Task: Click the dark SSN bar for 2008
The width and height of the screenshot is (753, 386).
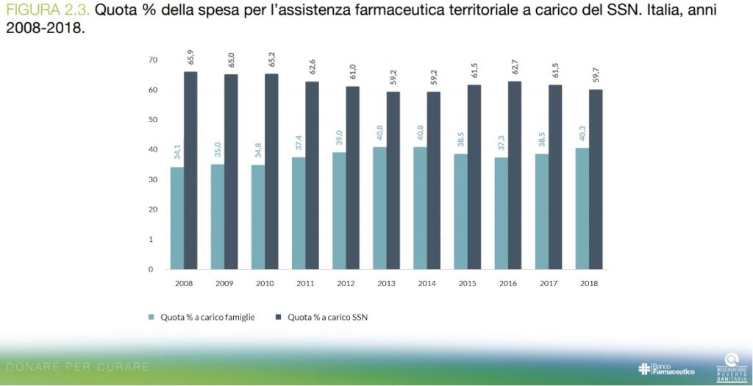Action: point(190,171)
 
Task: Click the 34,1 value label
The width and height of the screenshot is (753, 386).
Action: point(177,153)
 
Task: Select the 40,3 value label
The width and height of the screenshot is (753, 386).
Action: point(582,135)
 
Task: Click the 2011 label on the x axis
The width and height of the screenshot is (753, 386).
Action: point(305,282)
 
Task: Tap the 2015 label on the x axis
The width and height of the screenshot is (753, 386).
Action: point(467,282)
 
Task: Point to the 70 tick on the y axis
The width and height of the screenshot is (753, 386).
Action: point(153,60)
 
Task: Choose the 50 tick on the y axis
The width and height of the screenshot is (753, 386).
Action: point(153,119)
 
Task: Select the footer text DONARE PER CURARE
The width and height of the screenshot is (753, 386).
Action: point(77,366)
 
